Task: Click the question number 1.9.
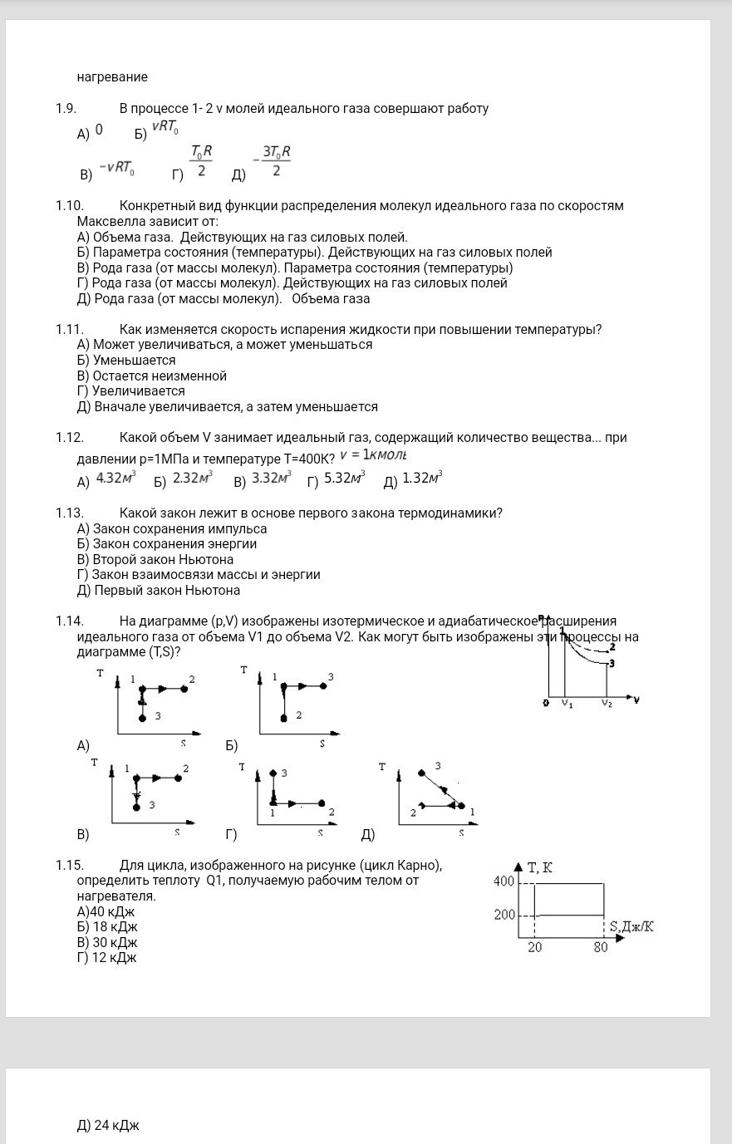(x=66, y=108)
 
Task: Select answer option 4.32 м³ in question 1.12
(x=115, y=478)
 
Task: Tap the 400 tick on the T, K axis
(x=504, y=881)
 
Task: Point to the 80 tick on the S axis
(x=601, y=947)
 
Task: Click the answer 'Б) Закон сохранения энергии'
(x=166, y=544)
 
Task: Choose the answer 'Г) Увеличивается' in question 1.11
(x=130, y=391)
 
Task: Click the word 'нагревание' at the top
(x=112, y=77)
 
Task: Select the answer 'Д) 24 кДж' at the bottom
(x=108, y=1126)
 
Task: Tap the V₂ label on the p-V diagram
(x=607, y=703)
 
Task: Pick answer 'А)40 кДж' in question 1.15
(x=106, y=912)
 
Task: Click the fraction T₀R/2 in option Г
(x=201, y=161)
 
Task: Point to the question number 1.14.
(x=70, y=621)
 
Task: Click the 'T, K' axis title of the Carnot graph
(x=540, y=868)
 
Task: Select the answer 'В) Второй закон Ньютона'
(x=155, y=560)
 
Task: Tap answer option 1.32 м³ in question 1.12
(x=421, y=478)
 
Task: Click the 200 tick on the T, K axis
(x=504, y=915)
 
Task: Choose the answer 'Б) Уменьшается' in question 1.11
(x=125, y=361)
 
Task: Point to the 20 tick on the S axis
(x=534, y=947)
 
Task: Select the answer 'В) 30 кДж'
(x=106, y=943)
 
